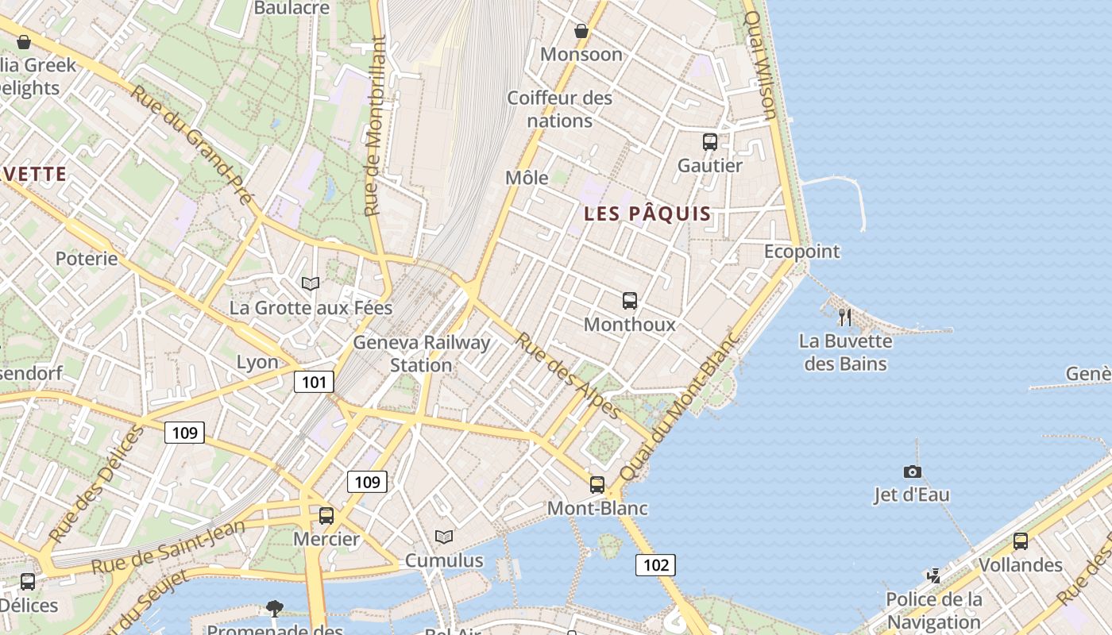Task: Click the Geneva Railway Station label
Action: [421, 354]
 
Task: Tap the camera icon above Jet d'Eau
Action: [913, 471]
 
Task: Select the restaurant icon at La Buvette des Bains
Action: [845, 317]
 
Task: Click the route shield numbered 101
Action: [314, 383]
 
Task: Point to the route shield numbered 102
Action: [655, 565]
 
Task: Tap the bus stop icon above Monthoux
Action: [630, 301]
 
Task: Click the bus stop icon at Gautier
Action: [710, 142]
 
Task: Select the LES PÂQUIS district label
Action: [647, 214]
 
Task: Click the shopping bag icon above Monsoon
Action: [581, 31]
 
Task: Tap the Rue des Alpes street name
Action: [568, 375]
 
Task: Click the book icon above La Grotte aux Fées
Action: [311, 283]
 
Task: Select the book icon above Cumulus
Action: [444, 537]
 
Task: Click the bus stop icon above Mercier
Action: [326, 516]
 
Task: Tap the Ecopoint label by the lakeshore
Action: [801, 252]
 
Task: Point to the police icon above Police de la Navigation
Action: [935, 575]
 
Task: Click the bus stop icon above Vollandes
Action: [1021, 541]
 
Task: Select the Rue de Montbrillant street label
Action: [374, 127]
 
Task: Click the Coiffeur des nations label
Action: [560, 110]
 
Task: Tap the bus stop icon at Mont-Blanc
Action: [597, 485]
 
